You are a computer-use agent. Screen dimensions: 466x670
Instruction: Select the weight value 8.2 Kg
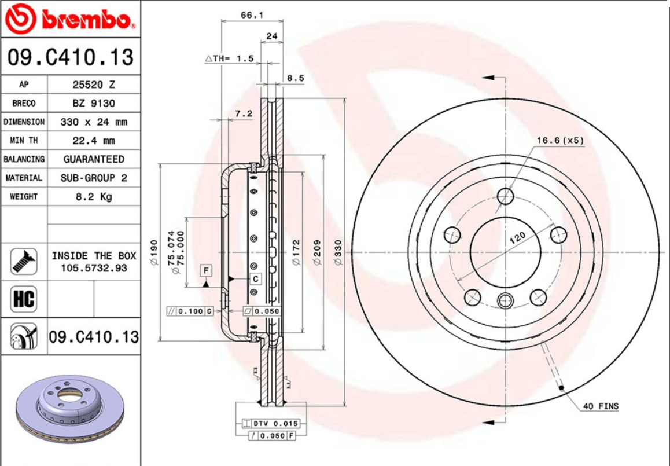(93, 196)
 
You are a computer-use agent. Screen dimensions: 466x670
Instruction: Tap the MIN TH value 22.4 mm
(93, 141)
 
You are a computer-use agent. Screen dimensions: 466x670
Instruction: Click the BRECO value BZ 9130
(93, 103)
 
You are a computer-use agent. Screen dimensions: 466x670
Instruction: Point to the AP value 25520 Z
(93, 85)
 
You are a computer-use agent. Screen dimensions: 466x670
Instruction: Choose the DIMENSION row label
(24, 122)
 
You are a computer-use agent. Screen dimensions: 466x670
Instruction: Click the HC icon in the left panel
(24, 299)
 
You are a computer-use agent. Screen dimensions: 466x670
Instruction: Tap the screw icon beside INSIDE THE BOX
(24, 261)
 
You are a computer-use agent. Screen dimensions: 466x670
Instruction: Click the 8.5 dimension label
(296, 78)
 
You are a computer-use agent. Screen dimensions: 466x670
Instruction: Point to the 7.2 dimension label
(244, 113)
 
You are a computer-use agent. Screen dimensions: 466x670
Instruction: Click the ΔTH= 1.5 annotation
(230, 58)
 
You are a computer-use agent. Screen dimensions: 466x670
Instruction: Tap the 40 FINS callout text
(601, 406)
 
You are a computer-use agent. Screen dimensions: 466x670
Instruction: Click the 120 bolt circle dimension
(517, 236)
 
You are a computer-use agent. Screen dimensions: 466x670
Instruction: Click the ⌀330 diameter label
(338, 253)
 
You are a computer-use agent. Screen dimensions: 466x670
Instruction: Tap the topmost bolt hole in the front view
(506, 196)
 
